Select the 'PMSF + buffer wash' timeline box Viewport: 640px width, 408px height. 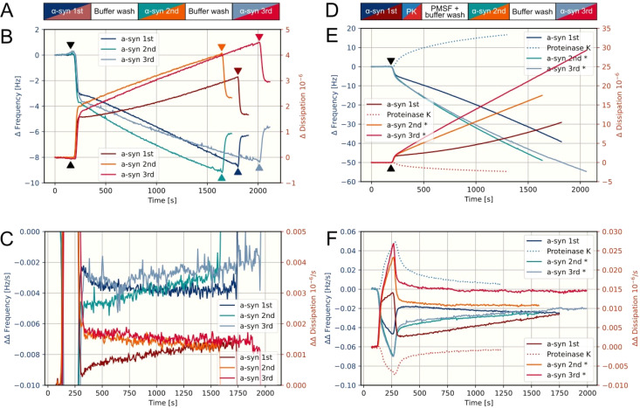pos(444,10)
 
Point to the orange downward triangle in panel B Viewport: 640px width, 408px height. pos(222,48)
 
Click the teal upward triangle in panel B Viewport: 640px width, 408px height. pos(222,177)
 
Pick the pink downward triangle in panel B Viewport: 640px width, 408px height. pos(259,38)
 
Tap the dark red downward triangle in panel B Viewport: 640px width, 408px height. pos(237,72)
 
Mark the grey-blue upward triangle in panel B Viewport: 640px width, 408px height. pos(259,167)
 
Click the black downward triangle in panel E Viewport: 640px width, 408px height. pos(391,62)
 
